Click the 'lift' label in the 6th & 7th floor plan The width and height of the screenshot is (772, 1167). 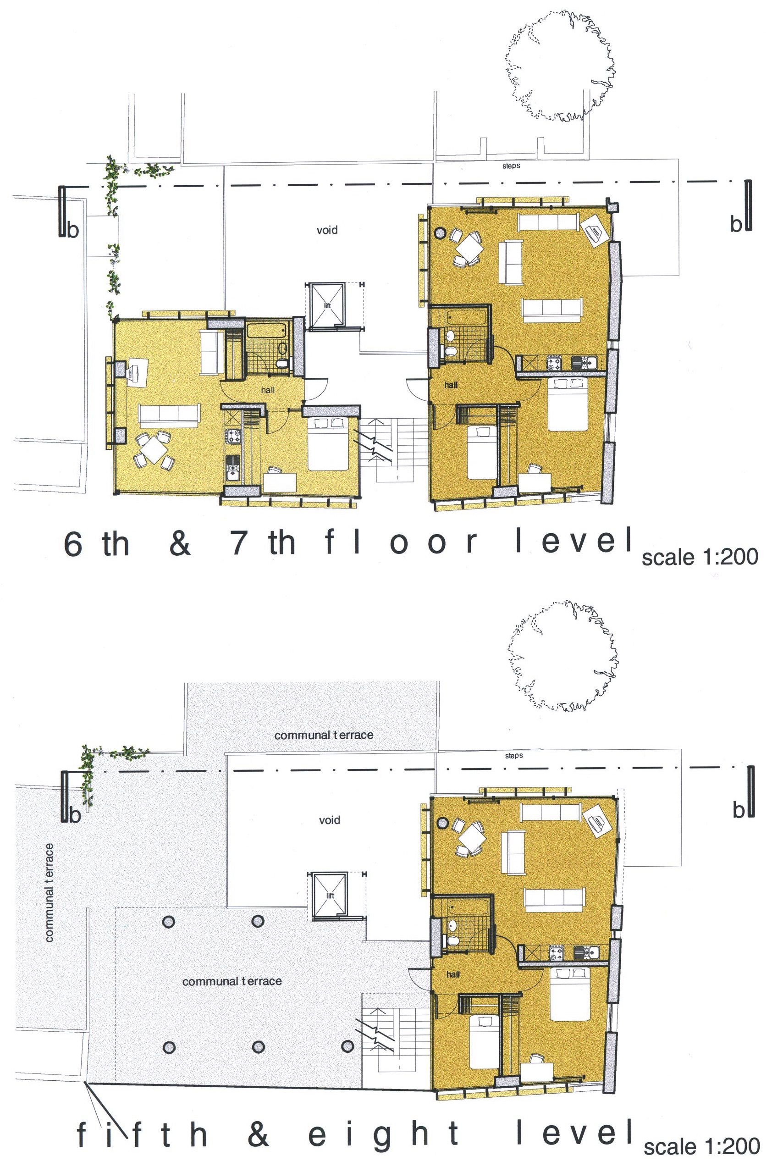[327, 306]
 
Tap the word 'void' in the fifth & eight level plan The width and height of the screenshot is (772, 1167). [329, 820]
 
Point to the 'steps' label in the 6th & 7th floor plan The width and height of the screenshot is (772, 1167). [511, 166]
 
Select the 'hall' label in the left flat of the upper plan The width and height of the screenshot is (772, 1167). [268, 390]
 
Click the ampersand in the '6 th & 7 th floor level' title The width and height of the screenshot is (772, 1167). [180, 543]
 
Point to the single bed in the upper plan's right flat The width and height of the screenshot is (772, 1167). [482, 453]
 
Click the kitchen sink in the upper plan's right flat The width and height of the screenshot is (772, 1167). [584, 363]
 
